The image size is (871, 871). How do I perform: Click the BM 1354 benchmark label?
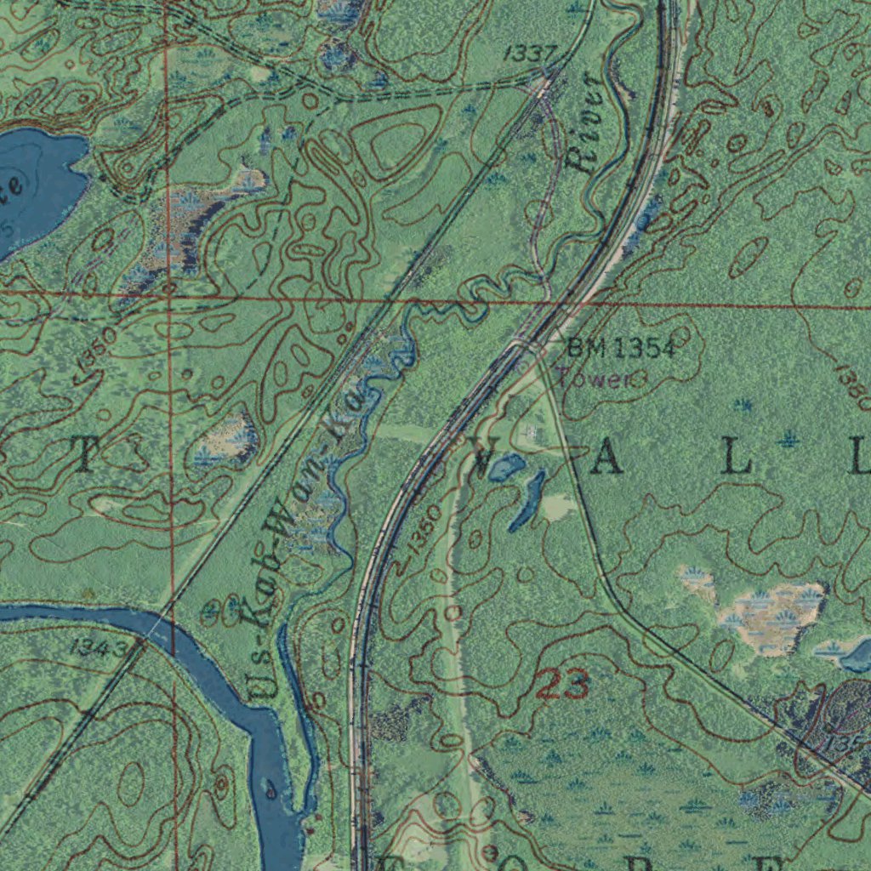tap(621, 347)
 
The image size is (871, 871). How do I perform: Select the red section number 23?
tap(562, 685)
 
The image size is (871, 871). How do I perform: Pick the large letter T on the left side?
tap(86, 457)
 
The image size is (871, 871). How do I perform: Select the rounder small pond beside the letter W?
tap(507, 466)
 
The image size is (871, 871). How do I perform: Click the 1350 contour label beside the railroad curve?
tap(423, 531)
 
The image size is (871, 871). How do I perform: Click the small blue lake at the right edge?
tap(857, 656)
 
